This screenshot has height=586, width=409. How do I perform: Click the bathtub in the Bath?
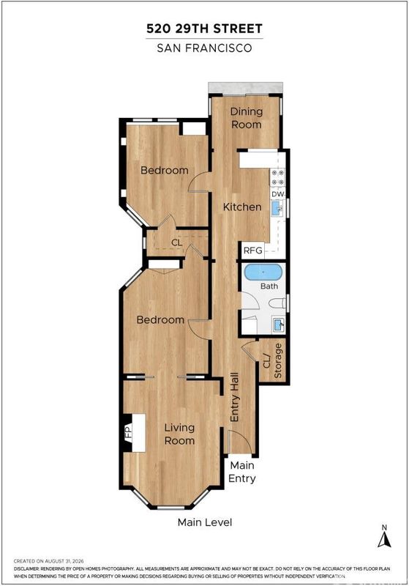[x=263, y=272]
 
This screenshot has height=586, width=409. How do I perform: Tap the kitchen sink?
[x=277, y=209]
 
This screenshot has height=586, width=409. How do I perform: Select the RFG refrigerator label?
[x=253, y=251]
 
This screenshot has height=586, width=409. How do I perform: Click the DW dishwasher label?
[x=277, y=194]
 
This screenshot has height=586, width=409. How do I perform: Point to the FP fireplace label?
[x=128, y=433]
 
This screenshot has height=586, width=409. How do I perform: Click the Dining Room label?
[x=247, y=118]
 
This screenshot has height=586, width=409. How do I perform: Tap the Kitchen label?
[x=242, y=207]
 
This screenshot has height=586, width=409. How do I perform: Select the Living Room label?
[x=179, y=434]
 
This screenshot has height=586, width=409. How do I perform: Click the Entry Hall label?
[x=234, y=397]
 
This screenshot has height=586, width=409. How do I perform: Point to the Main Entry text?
[x=242, y=472]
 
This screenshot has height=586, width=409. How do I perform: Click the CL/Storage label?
[x=273, y=360]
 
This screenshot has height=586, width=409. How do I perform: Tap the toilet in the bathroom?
[x=277, y=303]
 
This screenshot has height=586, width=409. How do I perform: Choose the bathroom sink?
[x=279, y=324]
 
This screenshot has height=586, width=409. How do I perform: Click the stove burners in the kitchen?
[x=277, y=177]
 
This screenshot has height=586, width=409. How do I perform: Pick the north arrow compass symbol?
[x=384, y=538]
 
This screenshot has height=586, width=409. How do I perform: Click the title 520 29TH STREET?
[x=205, y=29]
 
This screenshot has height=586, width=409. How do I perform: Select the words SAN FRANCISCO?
[x=205, y=48]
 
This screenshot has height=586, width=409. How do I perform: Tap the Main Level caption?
[x=205, y=522]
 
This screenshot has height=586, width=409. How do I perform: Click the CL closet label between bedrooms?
[x=177, y=242]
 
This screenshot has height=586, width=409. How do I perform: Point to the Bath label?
[x=269, y=286]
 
